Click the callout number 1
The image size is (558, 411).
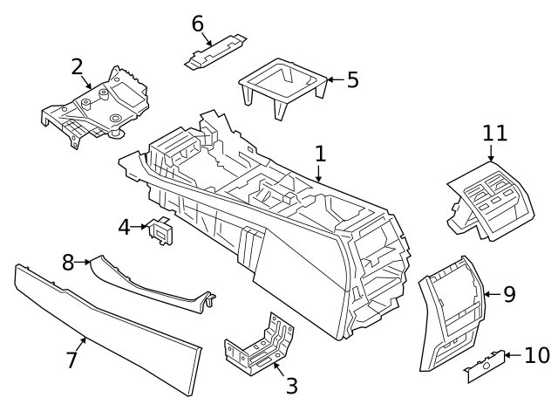(x=320, y=154)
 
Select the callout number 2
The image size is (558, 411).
(x=78, y=66)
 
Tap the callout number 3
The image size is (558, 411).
(x=291, y=385)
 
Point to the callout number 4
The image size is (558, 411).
(x=125, y=228)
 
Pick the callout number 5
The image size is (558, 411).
(x=352, y=80)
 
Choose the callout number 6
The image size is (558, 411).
(x=198, y=24)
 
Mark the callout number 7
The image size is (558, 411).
(x=71, y=359)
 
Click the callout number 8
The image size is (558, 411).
(x=68, y=261)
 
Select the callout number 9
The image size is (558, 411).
(x=509, y=294)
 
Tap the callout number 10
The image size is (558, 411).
(x=537, y=355)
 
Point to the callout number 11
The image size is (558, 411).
(x=494, y=134)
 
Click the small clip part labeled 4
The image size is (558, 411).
(x=160, y=229)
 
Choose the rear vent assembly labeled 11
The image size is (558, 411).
(x=492, y=202)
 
